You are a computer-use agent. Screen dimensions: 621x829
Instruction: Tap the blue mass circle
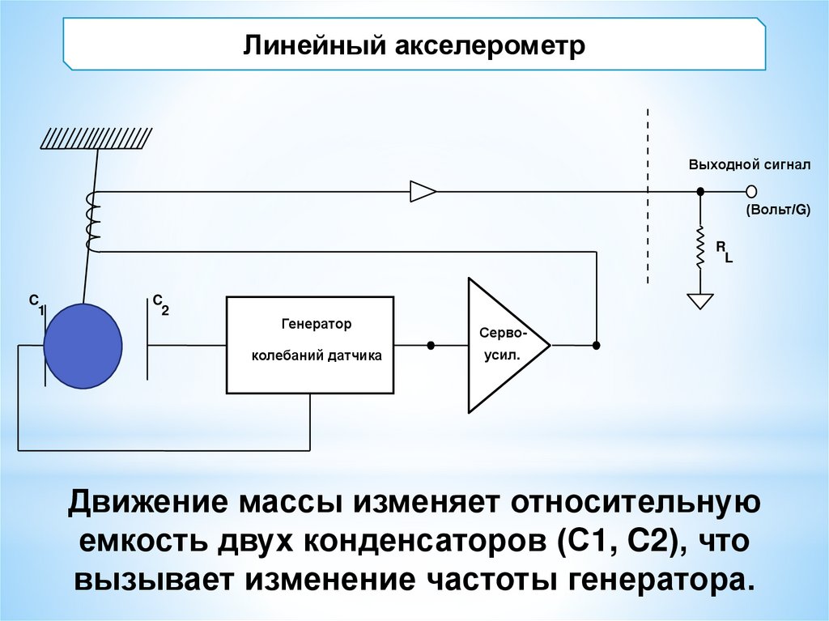[83, 345]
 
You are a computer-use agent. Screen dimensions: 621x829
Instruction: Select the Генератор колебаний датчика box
[310, 344]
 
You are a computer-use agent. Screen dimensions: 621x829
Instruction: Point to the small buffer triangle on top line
[423, 191]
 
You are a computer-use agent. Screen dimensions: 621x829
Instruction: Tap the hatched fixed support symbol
[96, 138]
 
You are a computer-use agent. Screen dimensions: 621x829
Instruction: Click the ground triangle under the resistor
[700, 300]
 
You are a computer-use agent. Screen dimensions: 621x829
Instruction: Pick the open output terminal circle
[751, 191]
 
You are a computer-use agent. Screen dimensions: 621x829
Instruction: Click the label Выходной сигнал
[749, 165]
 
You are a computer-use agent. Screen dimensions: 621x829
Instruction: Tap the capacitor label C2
[159, 304]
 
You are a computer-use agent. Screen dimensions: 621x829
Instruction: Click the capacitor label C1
[37, 304]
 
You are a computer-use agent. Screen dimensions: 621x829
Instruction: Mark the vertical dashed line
[648, 194]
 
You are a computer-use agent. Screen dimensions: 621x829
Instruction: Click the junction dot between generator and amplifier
[431, 345]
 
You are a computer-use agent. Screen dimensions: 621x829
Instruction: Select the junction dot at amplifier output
[597, 345]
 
